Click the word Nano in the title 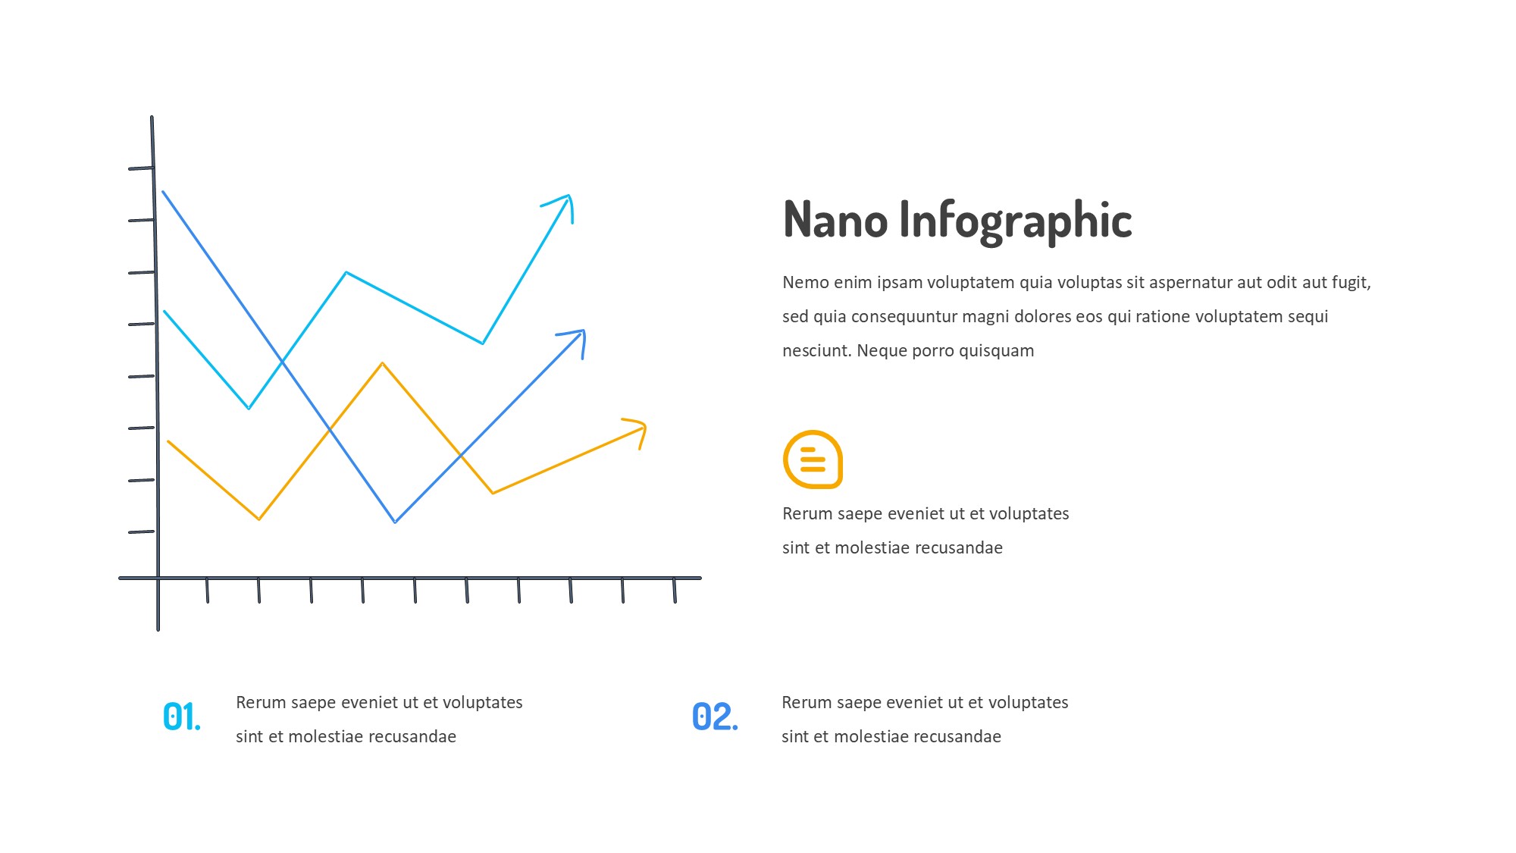click(x=835, y=220)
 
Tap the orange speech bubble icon click(x=813, y=459)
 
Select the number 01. click(x=182, y=717)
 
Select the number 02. click(x=715, y=717)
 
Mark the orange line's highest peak click(x=383, y=364)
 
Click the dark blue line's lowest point click(x=395, y=522)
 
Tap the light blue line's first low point click(x=249, y=408)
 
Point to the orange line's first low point click(x=259, y=519)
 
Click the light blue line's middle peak click(x=346, y=272)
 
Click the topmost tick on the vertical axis click(x=142, y=168)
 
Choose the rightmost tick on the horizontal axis click(x=675, y=591)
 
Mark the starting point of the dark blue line click(x=163, y=192)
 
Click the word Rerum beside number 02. click(x=806, y=703)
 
